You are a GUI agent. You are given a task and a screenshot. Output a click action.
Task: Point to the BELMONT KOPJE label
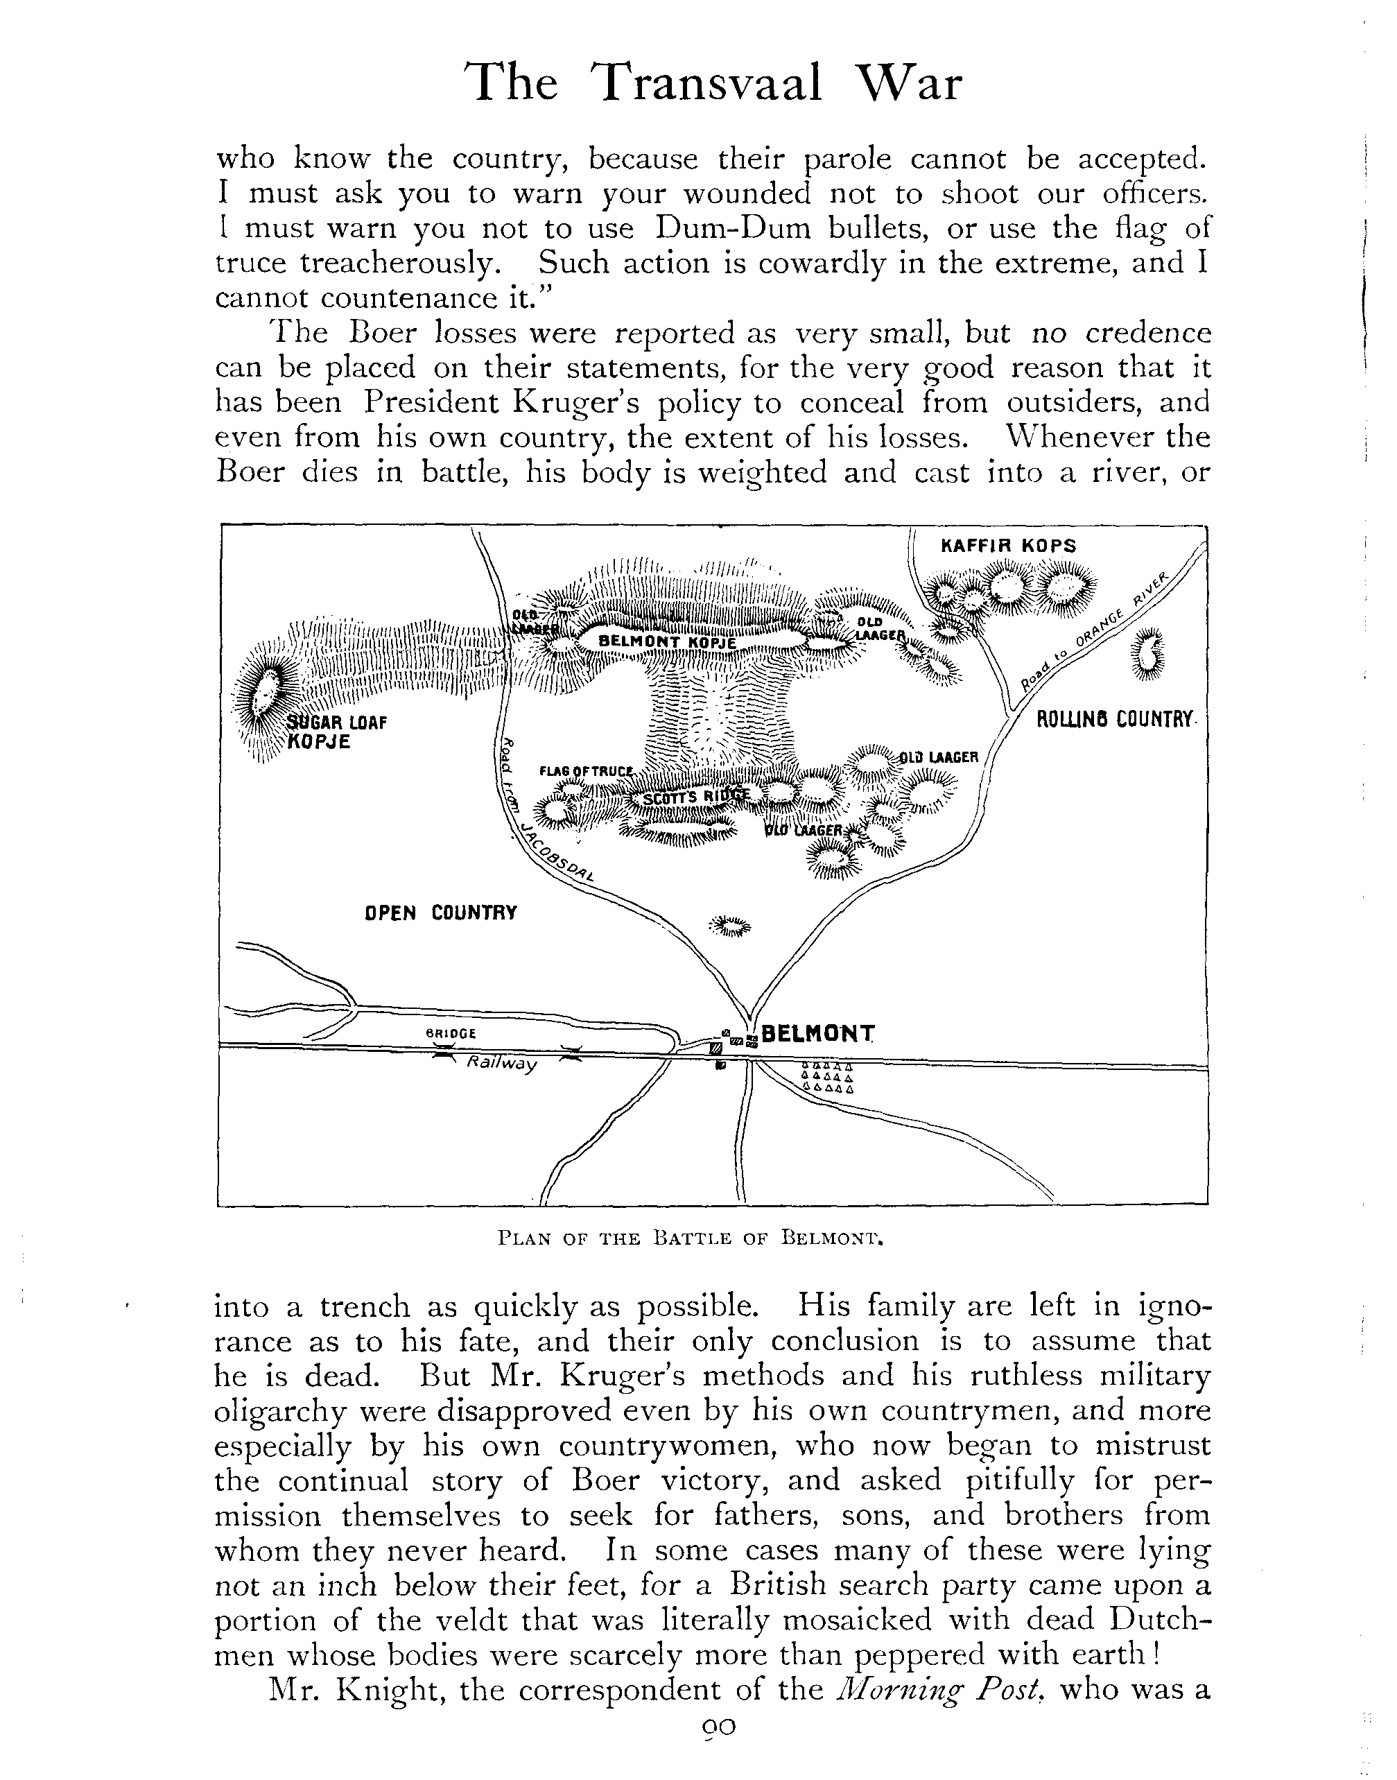(x=668, y=643)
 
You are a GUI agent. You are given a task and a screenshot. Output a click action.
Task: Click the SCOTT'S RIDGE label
(x=697, y=797)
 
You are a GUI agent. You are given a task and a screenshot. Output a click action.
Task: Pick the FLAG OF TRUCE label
(x=587, y=771)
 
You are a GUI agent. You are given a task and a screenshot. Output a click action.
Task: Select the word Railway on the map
(x=501, y=1064)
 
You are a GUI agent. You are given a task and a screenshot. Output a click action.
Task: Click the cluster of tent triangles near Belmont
(x=827, y=1078)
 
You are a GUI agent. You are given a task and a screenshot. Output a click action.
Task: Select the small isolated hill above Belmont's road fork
(x=729, y=927)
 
